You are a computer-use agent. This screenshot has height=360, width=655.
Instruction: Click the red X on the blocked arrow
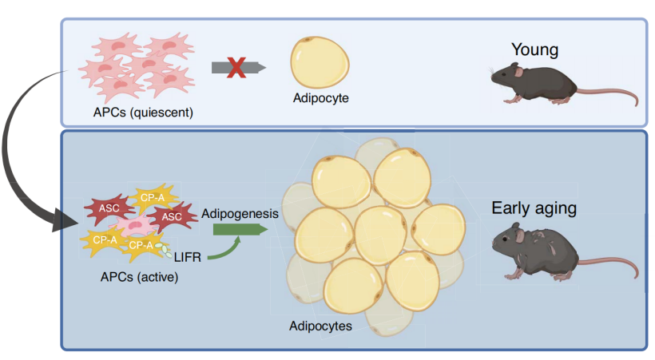tap(236, 68)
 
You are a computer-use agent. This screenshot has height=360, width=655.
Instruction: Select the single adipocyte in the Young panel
tap(320, 62)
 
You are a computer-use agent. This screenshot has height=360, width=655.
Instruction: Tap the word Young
tap(534, 49)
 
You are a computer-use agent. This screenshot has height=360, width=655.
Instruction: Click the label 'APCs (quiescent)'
tap(143, 113)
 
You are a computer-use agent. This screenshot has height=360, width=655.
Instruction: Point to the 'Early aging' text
tap(534, 208)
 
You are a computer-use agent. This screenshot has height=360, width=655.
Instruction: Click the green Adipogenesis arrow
tap(240, 229)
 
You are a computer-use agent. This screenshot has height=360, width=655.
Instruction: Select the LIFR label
tap(188, 257)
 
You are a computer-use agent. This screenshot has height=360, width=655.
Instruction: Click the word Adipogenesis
tap(240, 214)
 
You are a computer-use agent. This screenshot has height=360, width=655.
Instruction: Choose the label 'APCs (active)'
tap(139, 277)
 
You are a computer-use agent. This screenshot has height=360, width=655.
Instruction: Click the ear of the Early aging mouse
tap(520, 236)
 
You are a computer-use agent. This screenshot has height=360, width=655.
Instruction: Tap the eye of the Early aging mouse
tap(506, 239)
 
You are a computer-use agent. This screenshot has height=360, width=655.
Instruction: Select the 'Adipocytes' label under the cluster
tap(320, 326)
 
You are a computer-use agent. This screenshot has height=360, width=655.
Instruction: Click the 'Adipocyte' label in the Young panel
tap(321, 98)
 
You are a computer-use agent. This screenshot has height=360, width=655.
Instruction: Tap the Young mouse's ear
tap(518, 72)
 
